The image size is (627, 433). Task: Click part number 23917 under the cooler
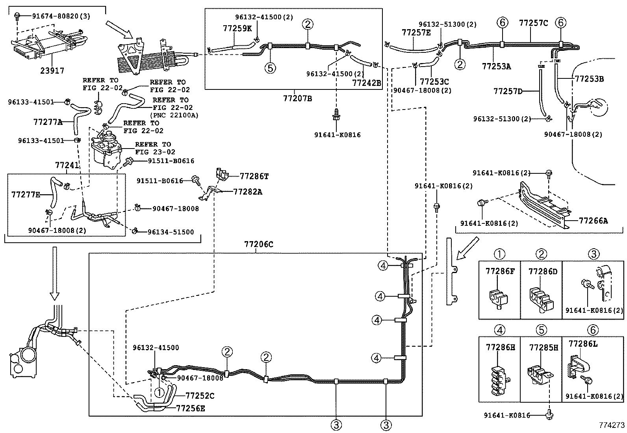[52, 71]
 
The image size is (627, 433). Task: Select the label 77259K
[237, 28]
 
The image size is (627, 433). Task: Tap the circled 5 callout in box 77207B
[270, 68]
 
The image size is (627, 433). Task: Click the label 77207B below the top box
[297, 98]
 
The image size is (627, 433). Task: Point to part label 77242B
[367, 83]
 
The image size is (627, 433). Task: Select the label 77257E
[416, 32]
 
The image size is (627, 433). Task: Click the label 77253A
[496, 67]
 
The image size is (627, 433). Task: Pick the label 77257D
[508, 91]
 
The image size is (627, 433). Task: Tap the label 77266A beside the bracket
[593, 221]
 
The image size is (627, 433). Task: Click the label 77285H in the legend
[544, 347]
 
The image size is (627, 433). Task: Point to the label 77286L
[583, 344]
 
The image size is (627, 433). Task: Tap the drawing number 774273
[612, 426]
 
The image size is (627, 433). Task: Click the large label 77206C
[258, 244]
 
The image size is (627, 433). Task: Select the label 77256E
[191, 409]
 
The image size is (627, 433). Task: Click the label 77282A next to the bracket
[248, 192]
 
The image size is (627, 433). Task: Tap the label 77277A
[48, 122]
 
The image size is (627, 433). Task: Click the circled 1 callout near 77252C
[159, 392]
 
